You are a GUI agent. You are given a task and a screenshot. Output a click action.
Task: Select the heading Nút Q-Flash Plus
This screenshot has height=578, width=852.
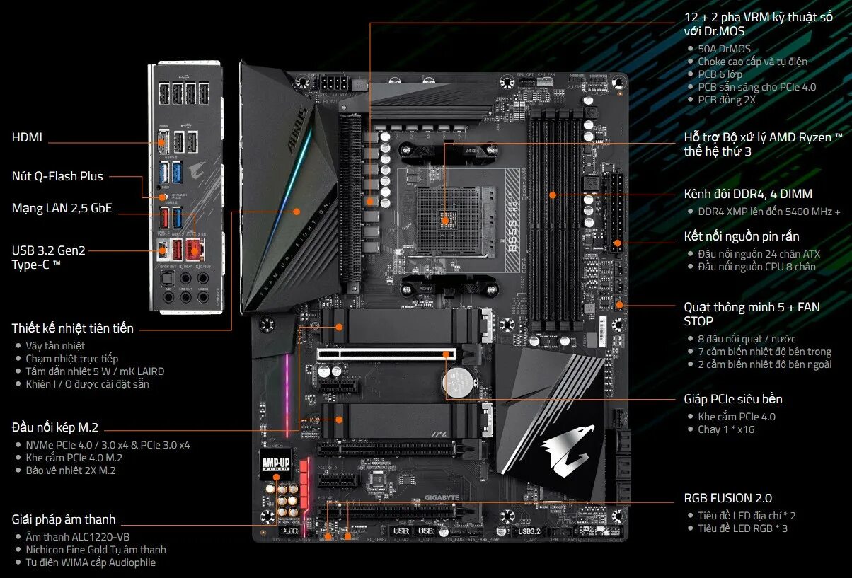[57, 176]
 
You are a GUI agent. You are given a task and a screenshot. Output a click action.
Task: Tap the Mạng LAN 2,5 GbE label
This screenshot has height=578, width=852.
[62, 208]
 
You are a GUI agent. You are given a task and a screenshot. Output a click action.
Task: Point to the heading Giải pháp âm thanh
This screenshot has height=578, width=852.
[64, 519]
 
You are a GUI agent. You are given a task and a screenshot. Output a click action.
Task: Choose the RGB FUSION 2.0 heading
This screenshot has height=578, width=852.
[728, 498]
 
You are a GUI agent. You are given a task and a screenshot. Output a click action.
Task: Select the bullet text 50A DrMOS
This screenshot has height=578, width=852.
[724, 49]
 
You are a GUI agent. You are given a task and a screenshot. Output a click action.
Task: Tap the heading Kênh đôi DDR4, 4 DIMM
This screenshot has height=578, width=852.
[748, 194]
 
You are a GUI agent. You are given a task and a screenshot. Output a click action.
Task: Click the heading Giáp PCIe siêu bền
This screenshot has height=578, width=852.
[733, 399]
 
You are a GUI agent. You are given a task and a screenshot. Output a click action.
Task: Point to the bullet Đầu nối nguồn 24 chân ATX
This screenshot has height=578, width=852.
[759, 253]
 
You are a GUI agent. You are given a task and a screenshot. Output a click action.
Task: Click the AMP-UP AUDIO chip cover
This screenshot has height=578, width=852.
[275, 463]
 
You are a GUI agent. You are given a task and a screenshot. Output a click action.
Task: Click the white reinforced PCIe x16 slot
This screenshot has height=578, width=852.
[386, 354]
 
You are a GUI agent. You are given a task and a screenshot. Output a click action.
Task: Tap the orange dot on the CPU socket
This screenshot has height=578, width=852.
[444, 220]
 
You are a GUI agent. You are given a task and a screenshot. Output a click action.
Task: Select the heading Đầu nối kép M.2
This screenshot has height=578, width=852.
[55, 427]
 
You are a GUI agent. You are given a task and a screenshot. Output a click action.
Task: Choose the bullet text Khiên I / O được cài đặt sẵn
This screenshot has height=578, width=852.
[88, 384]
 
